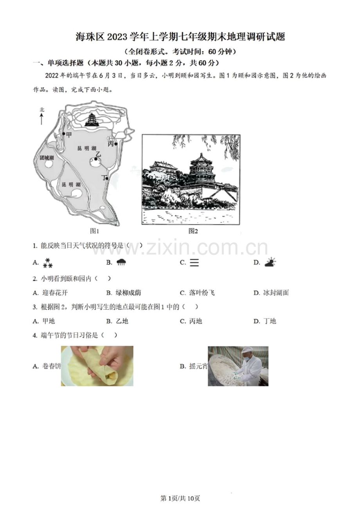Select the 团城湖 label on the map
[x=47, y=158]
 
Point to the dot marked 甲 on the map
[x=64, y=134]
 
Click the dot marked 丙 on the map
[x=116, y=144]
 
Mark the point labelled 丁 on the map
[x=106, y=178]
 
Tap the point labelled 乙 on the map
[x=95, y=159]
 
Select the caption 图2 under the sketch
[x=193, y=231]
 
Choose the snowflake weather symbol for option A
[x=48, y=263]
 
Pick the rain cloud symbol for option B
[x=121, y=263]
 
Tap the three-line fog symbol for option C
[x=194, y=263]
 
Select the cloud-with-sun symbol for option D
[x=270, y=262]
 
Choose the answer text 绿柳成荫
[x=128, y=293]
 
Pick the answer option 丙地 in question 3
[x=195, y=321]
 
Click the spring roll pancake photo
[x=97, y=366]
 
